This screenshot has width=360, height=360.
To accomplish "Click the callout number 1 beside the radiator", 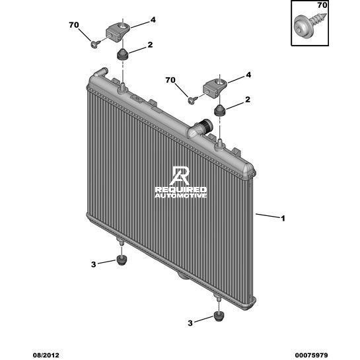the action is [x=283, y=219].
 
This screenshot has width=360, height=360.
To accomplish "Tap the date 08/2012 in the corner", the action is [x=46, y=355].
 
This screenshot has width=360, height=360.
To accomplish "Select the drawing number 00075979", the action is [x=311, y=355].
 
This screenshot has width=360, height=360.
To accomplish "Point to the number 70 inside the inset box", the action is [x=322, y=5].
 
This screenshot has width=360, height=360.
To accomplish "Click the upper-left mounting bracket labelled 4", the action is [x=118, y=32].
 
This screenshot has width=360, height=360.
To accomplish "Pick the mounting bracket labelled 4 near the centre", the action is [x=215, y=88].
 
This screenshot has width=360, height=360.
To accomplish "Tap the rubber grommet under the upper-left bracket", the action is [x=123, y=54].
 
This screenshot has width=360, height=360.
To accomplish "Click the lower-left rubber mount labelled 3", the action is [x=122, y=260].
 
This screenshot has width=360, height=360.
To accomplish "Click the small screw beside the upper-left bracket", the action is [x=95, y=44].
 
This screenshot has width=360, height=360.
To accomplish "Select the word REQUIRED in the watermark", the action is [x=181, y=190].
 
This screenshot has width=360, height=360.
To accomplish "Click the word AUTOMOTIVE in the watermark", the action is [x=181, y=196].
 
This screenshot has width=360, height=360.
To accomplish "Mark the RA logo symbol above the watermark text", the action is [x=180, y=176].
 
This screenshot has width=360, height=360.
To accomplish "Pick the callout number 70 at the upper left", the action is [x=74, y=25].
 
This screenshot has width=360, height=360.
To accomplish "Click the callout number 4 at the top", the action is [x=153, y=20].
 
